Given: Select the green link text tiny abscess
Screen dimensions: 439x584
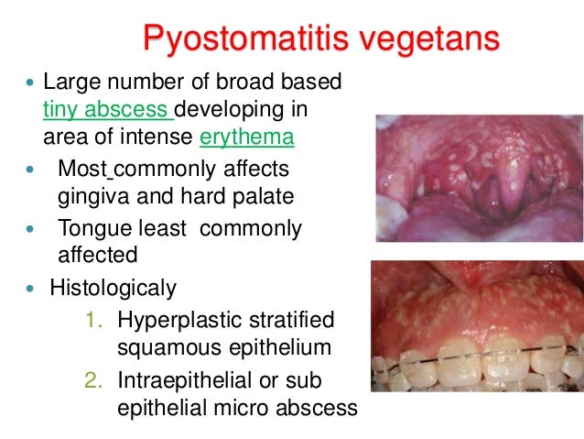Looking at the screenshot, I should [x=107, y=111].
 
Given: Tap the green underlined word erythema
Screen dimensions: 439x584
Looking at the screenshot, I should [x=246, y=138].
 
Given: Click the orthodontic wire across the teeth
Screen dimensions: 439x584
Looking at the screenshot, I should [x=476, y=354].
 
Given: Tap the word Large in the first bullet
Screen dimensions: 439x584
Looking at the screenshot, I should [x=72, y=82].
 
